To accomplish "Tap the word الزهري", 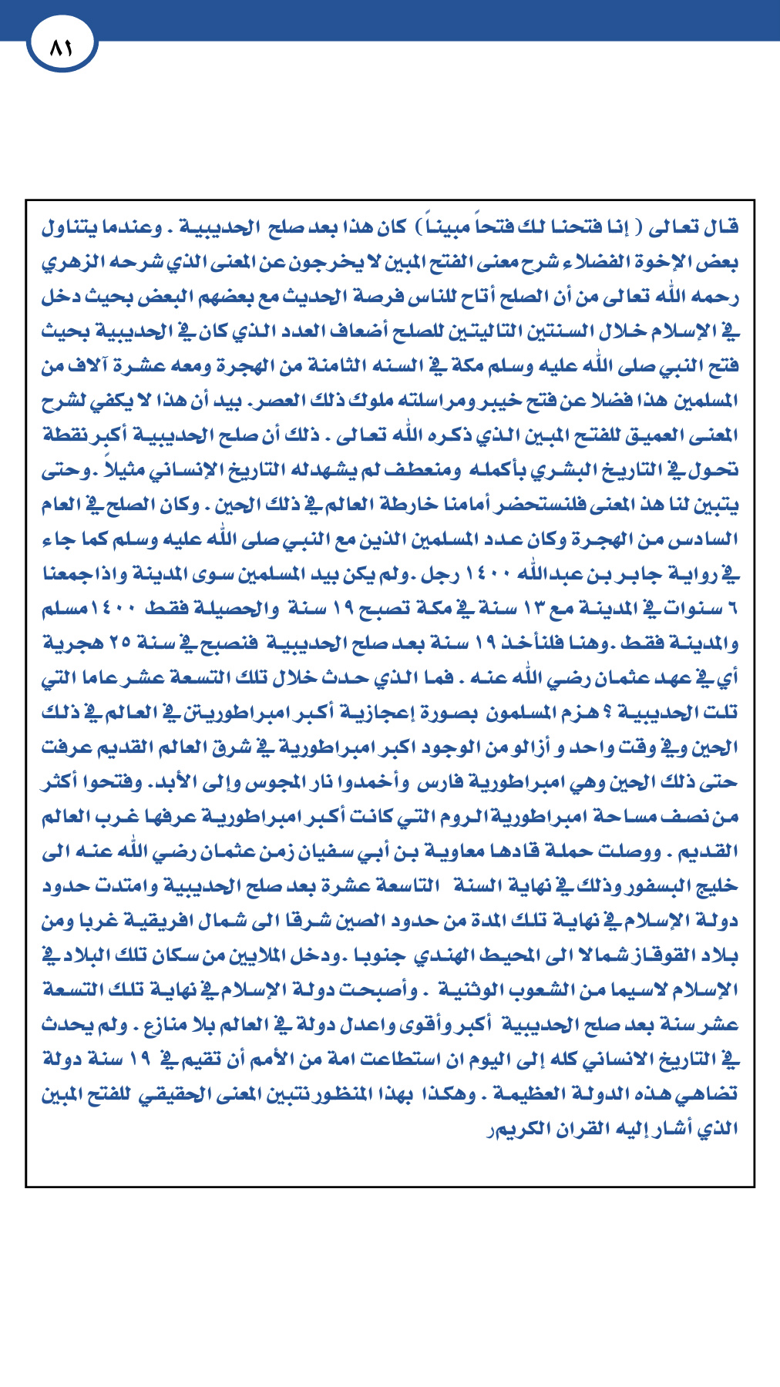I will click(70, 262).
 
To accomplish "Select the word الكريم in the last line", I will click(515, 1129).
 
